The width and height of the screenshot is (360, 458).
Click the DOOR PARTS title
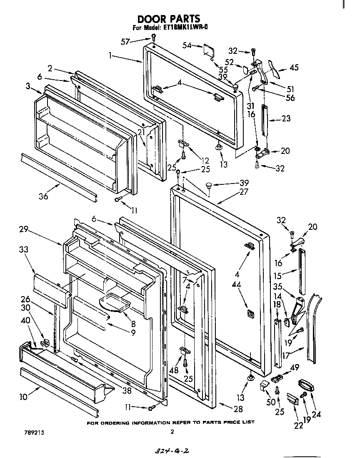coord(169,19)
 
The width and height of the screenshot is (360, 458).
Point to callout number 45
coord(294,68)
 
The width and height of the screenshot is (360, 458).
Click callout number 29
coord(23,229)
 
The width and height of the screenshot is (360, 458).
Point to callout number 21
coord(142,132)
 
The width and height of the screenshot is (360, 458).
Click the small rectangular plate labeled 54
coord(208,50)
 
